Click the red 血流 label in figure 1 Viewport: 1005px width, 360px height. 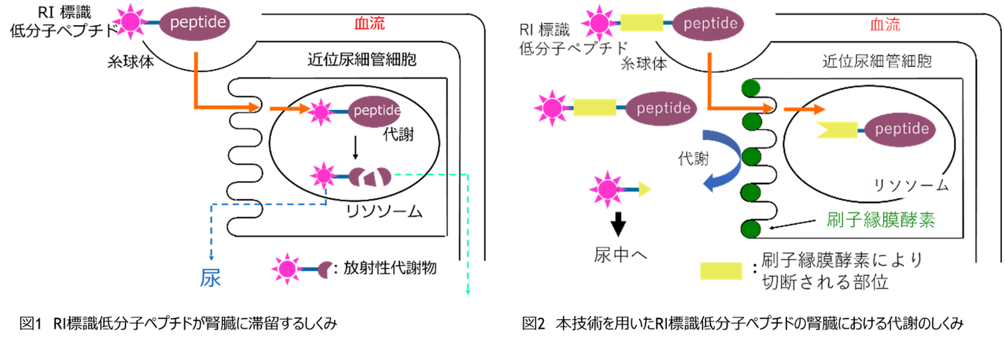point(369,24)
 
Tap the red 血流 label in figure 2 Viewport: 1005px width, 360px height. point(884,25)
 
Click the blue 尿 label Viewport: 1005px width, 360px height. point(210,278)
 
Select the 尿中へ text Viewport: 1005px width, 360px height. point(620,254)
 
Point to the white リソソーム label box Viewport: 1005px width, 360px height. point(910,186)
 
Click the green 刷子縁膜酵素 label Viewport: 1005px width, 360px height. point(881,219)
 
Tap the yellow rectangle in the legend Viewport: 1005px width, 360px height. point(721,271)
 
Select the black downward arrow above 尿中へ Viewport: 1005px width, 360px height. point(619,224)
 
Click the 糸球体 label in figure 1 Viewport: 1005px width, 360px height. point(131,62)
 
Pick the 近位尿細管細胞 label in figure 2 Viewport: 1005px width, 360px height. point(877,61)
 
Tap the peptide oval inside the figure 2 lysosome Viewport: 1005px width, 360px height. point(901,129)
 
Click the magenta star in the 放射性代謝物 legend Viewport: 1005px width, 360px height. point(286,269)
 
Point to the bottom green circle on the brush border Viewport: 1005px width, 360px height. point(751,229)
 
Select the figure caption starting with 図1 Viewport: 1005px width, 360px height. point(178,324)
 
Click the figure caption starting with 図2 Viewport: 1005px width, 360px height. point(742,324)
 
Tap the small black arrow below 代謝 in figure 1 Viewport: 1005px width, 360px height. point(356,149)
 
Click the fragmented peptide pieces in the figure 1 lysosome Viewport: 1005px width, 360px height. point(371,177)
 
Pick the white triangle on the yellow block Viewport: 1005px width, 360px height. point(822,130)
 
